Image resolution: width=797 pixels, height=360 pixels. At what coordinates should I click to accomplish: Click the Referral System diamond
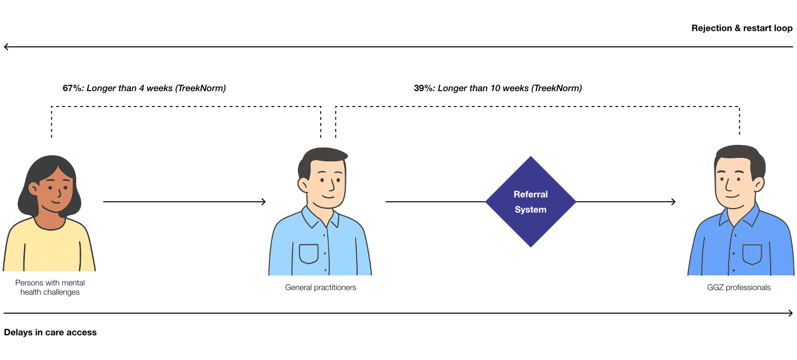[x=531, y=202]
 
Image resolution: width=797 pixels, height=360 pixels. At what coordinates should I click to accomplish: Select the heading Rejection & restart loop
[x=742, y=28]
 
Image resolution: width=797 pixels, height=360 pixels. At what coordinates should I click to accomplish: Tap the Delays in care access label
[x=50, y=332]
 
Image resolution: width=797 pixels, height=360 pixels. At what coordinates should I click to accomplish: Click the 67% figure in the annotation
[x=73, y=88]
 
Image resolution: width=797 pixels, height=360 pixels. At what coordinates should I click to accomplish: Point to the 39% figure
[x=424, y=88]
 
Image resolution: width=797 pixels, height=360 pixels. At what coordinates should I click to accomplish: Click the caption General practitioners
[x=320, y=287]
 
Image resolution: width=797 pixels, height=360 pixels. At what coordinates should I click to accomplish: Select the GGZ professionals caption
[x=738, y=287]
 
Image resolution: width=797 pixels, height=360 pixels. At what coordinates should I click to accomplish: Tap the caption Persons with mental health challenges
[x=50, y=287]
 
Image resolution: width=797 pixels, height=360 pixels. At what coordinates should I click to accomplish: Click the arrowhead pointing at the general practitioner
[x=264, y=202]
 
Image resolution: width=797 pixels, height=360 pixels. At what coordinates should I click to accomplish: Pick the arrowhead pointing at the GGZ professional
[x=673, y=202]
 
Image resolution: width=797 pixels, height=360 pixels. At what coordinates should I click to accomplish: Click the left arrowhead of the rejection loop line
[x=6, y=47]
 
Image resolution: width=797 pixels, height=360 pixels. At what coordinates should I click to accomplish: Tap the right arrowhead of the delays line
[x=791, y=313]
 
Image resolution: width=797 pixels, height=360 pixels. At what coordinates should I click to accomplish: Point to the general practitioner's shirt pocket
[x=308, y=253]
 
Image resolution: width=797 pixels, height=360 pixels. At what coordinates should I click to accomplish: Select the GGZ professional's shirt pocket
[x=752, y=254]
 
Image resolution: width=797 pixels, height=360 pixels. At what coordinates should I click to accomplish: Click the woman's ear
[x=33, y=188]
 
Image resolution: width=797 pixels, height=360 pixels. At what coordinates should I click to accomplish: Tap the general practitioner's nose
[x=331, y=186]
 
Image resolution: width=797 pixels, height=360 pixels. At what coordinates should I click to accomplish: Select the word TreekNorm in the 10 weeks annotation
[x=556, y=88]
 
